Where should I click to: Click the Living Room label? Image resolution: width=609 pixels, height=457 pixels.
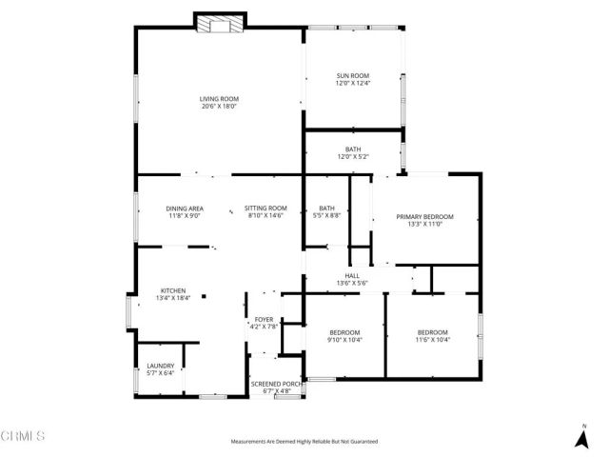[x=218, y=99]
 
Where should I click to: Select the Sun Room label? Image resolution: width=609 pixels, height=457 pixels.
[x=352, y=76]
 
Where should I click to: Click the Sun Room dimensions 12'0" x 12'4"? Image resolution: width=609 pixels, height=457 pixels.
[x=352, y=84]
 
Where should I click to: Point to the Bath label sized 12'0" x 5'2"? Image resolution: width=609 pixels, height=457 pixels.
[x=352, y=150]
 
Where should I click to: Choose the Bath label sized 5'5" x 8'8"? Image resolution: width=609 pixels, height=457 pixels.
[x=326, y=209]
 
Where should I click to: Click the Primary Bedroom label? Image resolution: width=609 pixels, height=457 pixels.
[x=424, y=217]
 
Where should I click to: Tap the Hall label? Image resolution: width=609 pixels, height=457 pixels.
[x=352, y=275]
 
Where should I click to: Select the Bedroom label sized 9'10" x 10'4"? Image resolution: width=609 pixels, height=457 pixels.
[x=344, y=332]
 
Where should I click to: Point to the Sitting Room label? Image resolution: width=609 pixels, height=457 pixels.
[x=265, y=209]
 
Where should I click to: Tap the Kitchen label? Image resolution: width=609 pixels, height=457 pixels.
[x=172, y=290]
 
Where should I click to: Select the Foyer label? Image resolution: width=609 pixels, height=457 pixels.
[x=264, y=320]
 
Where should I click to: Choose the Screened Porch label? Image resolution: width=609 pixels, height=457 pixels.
[x=277, y=383]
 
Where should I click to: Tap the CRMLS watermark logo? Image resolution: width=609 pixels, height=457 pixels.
[x=24, y=437]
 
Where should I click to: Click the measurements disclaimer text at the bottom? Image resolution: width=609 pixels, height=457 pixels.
[x=304, y=442]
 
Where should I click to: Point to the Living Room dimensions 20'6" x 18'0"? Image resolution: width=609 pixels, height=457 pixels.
[x=218, y=107]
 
